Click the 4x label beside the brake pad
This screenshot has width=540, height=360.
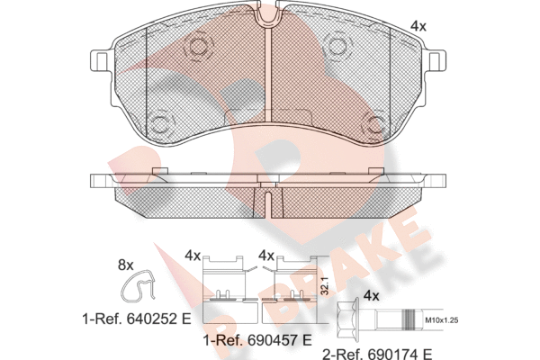[418, 26]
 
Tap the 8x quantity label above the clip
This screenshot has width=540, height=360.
[125, 265]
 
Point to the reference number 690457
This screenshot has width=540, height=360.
[273, 341]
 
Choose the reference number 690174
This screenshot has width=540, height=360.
[393, 354]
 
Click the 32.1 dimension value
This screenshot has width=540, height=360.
[323, 287]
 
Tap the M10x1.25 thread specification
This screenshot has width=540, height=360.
[441, 320]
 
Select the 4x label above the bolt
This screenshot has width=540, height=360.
[371, 295]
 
